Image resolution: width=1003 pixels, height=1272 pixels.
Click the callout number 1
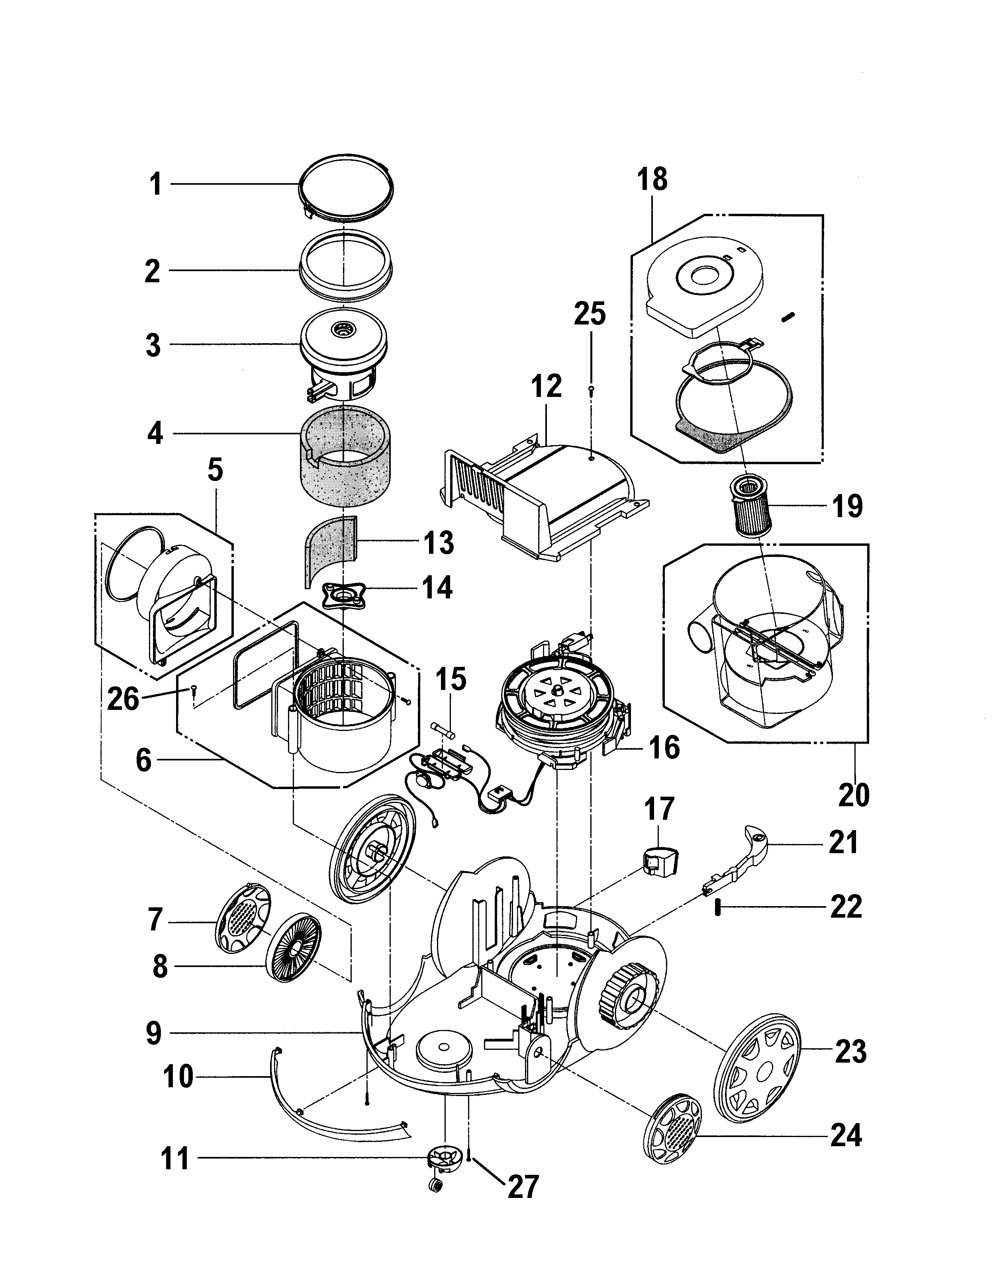[155, 185]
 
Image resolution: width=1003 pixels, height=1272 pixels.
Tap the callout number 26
[123, 699]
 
